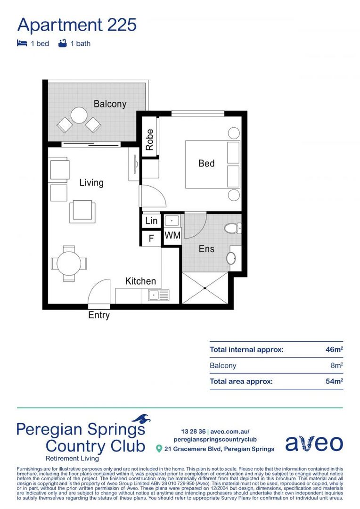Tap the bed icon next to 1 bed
22,43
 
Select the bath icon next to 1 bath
62,43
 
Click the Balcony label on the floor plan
110,104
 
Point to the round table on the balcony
79,115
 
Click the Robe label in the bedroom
149,140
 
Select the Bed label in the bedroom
206,164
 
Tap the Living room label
91,182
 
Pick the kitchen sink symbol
158,296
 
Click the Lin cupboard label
151,221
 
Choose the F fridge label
151,238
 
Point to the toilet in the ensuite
232,229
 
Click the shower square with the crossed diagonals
205,288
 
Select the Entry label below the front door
99,315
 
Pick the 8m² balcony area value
336,365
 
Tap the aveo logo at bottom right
314,443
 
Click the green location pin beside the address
159,449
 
